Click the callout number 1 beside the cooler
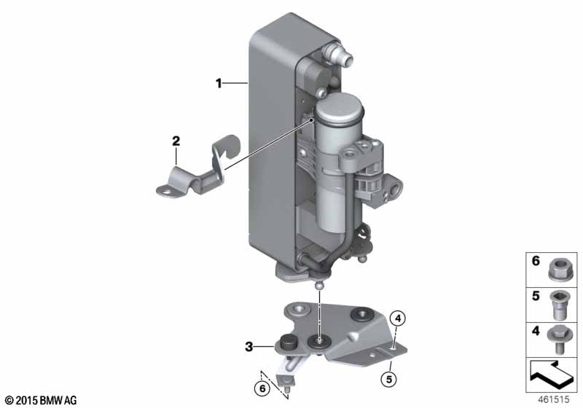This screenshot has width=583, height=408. click(219, 83)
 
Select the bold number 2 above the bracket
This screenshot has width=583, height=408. click(176, 141)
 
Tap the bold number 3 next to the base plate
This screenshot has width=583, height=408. click(249, 347)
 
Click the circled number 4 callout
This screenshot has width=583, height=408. click(398, 318)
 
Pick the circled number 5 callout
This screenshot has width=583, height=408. click(389, 379)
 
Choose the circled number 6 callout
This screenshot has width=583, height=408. click(262, 388)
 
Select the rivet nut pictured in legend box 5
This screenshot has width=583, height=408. click(558, 305)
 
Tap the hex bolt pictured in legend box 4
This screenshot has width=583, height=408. click(557, 340)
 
